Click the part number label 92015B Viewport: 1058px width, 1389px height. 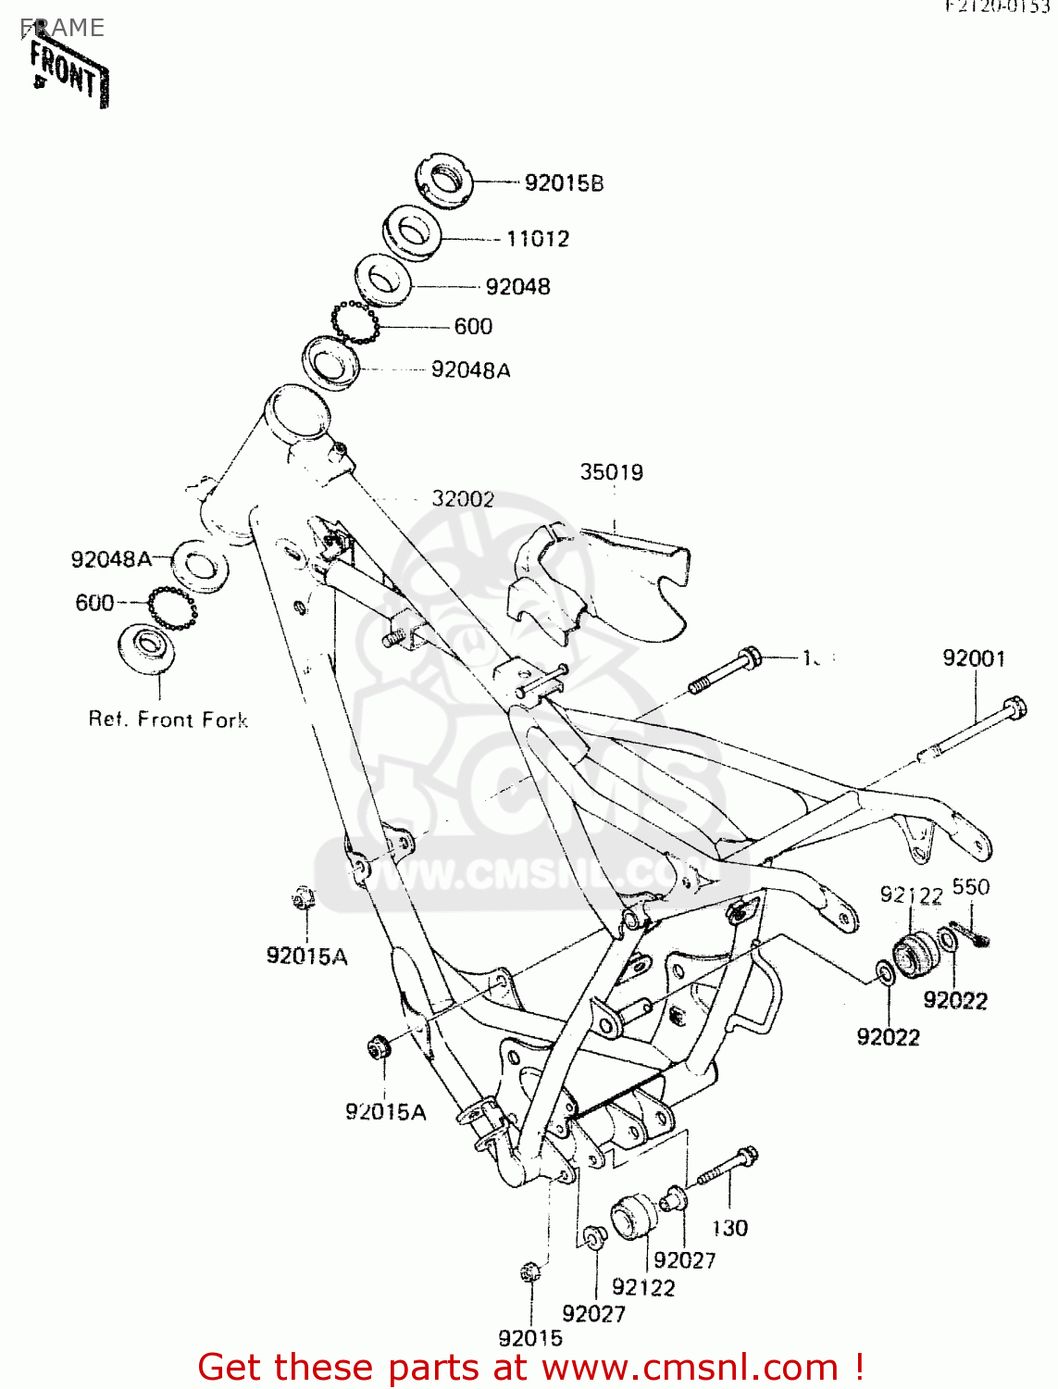(564, 183)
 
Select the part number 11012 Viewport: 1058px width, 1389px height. (538, 239)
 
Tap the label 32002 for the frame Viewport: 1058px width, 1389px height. (463, 499)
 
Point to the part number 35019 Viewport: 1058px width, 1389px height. (611, 472)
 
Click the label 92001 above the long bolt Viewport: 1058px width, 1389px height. (974, 658)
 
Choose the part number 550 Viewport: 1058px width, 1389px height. (971, 887)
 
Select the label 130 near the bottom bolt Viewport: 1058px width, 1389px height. (729, 1228)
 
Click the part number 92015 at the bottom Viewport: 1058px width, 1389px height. (530, 1338)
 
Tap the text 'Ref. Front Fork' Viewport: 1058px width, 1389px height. (168, 720)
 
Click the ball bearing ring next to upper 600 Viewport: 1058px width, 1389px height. (355, 323)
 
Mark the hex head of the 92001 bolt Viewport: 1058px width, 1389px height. (1015, 708)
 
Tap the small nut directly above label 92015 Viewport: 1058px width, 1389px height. (529, 1272)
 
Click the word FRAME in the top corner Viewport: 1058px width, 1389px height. (63, 28)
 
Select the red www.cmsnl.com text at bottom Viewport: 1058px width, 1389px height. (690, 1367)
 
